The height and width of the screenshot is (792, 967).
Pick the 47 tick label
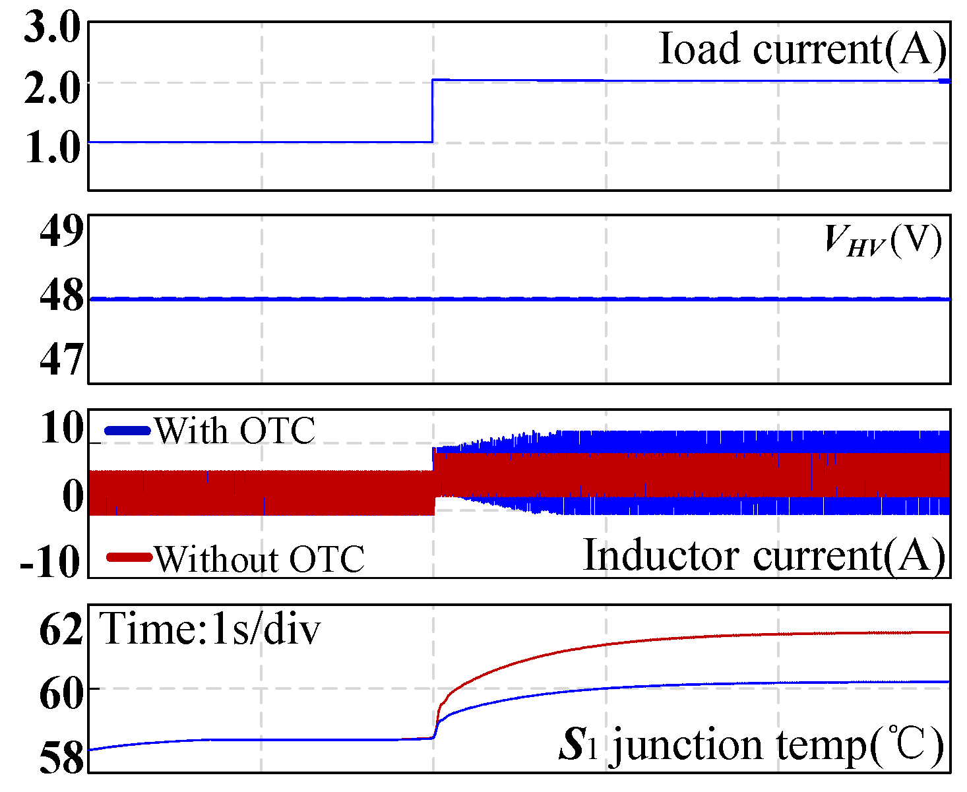coord(61,359)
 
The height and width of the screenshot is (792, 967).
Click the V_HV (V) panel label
coord(883,241)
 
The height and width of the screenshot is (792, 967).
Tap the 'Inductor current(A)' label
coord(764,555)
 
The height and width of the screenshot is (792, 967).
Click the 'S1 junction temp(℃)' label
coord(751,745)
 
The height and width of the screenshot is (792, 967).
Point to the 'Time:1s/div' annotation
coord(210,628)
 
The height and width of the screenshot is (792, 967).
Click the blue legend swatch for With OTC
coord(128,431)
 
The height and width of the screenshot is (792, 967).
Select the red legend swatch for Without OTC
coord(129,558)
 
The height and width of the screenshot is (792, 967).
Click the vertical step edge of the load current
coord(433,111)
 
